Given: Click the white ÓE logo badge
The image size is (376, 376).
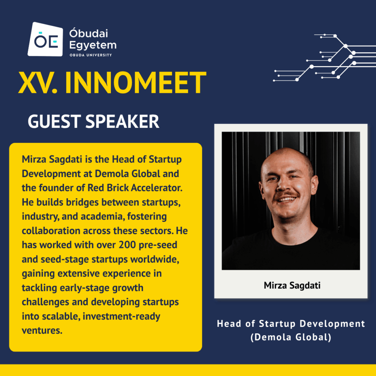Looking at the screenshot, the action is (45, 40).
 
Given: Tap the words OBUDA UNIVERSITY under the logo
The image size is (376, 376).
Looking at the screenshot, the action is (91, 55).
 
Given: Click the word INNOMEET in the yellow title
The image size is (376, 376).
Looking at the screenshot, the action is (135, 83).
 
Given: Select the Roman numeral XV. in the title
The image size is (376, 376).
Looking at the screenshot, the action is (38, 83).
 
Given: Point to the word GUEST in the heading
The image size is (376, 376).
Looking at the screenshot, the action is (54, 121).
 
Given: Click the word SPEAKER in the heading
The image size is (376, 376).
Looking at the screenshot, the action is (122, 121).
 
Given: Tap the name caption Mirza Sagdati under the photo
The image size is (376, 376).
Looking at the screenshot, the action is (292, 285).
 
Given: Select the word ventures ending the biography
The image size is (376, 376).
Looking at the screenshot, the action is (42, 330).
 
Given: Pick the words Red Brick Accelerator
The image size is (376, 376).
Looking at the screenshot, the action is (135, 188).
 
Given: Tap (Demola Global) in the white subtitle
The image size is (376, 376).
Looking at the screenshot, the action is (291, 337).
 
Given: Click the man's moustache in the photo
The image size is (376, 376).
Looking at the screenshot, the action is (287, 194).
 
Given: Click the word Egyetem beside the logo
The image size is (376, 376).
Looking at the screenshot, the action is (93, 45).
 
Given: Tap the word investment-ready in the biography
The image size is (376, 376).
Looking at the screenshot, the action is (121, 316).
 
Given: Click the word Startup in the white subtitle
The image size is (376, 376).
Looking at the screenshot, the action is (277, 324).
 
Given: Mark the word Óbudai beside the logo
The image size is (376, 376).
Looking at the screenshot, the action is (89, 33).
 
